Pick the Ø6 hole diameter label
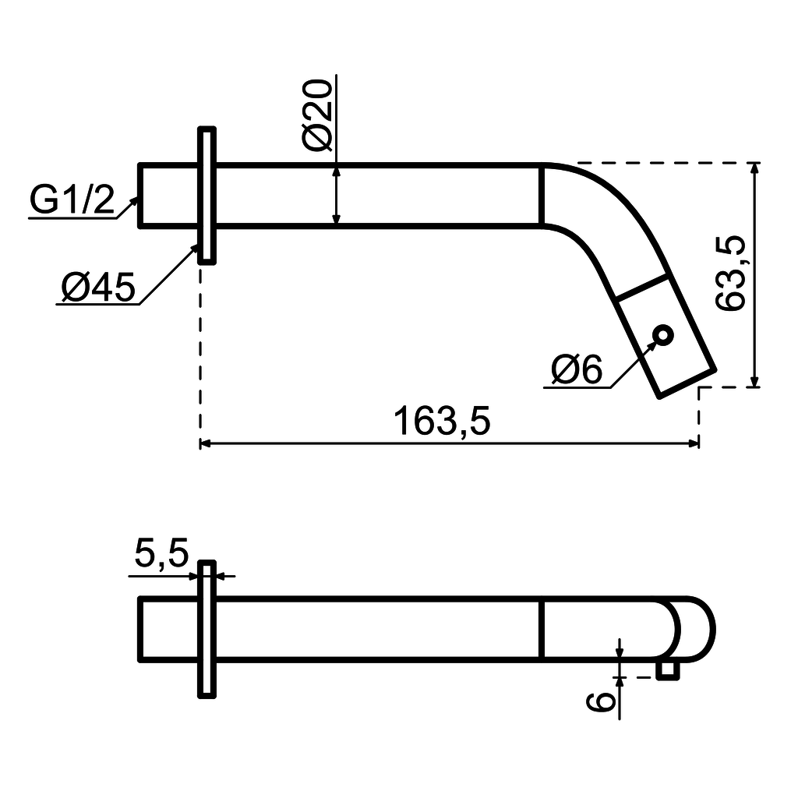coord(576,369)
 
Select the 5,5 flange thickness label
coord(161,554)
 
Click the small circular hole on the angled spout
coord(663,335)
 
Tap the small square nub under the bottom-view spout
coord(667,670)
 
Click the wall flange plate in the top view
coord(207,195)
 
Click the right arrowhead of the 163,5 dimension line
coord(693,443)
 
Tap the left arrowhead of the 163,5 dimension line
coord(207,443)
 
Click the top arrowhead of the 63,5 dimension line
coord(754,169)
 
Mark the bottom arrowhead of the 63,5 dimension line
coord(754,380)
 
